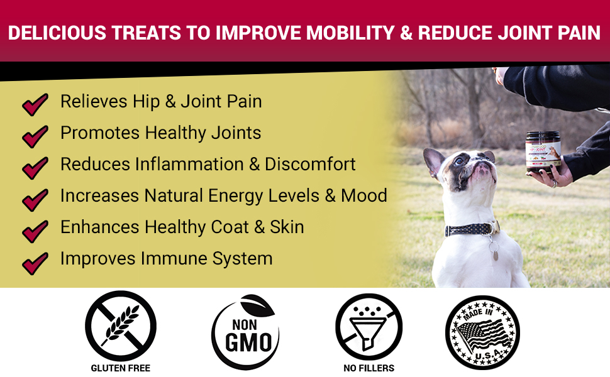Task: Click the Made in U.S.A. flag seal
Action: (482, 331)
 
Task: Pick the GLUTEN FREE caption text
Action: (120, 368)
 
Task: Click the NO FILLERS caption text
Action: (369, 368)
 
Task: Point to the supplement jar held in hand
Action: (543, 150)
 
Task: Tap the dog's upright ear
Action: (434, 162)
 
